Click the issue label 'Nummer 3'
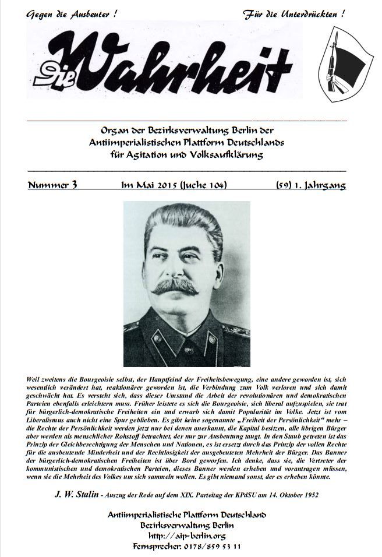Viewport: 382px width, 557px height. point(52,186)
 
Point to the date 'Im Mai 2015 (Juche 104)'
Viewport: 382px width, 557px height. point(173,186)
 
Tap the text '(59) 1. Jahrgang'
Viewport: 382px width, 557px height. point(310,186)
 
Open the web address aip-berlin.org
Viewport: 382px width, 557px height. point(187,535)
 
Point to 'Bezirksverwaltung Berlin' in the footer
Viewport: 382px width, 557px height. point(187,525)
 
